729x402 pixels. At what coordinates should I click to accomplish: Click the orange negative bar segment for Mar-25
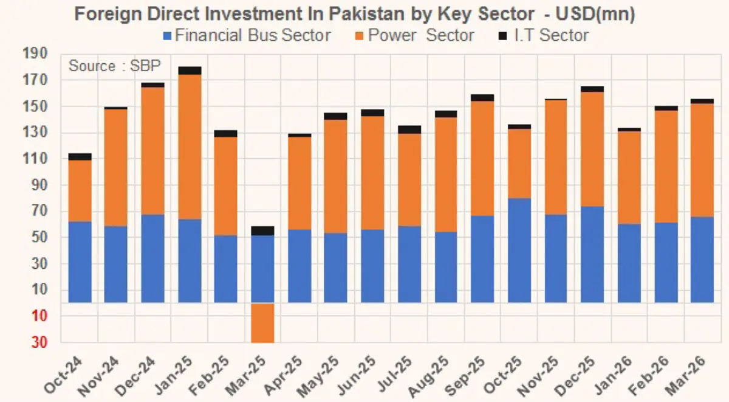(x=262, y=323)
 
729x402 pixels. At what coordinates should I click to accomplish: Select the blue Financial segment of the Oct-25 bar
(x=519, y=250)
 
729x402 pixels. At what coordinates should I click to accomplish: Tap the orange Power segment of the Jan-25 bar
(x=189, y=147)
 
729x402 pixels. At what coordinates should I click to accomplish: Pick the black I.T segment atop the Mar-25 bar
(x=262, y=230)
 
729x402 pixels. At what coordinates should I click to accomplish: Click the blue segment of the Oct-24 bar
(x=80, y=262)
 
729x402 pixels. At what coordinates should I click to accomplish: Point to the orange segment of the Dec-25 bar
(x=592, y=149)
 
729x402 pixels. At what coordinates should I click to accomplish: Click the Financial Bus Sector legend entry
(x=246, y=35)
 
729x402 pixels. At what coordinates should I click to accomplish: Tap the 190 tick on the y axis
(x=35, y=54)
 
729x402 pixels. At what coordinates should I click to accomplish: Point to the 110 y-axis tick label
(x=35, y=159)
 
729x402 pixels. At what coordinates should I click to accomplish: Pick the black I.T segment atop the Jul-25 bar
(x=409, y=129)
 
